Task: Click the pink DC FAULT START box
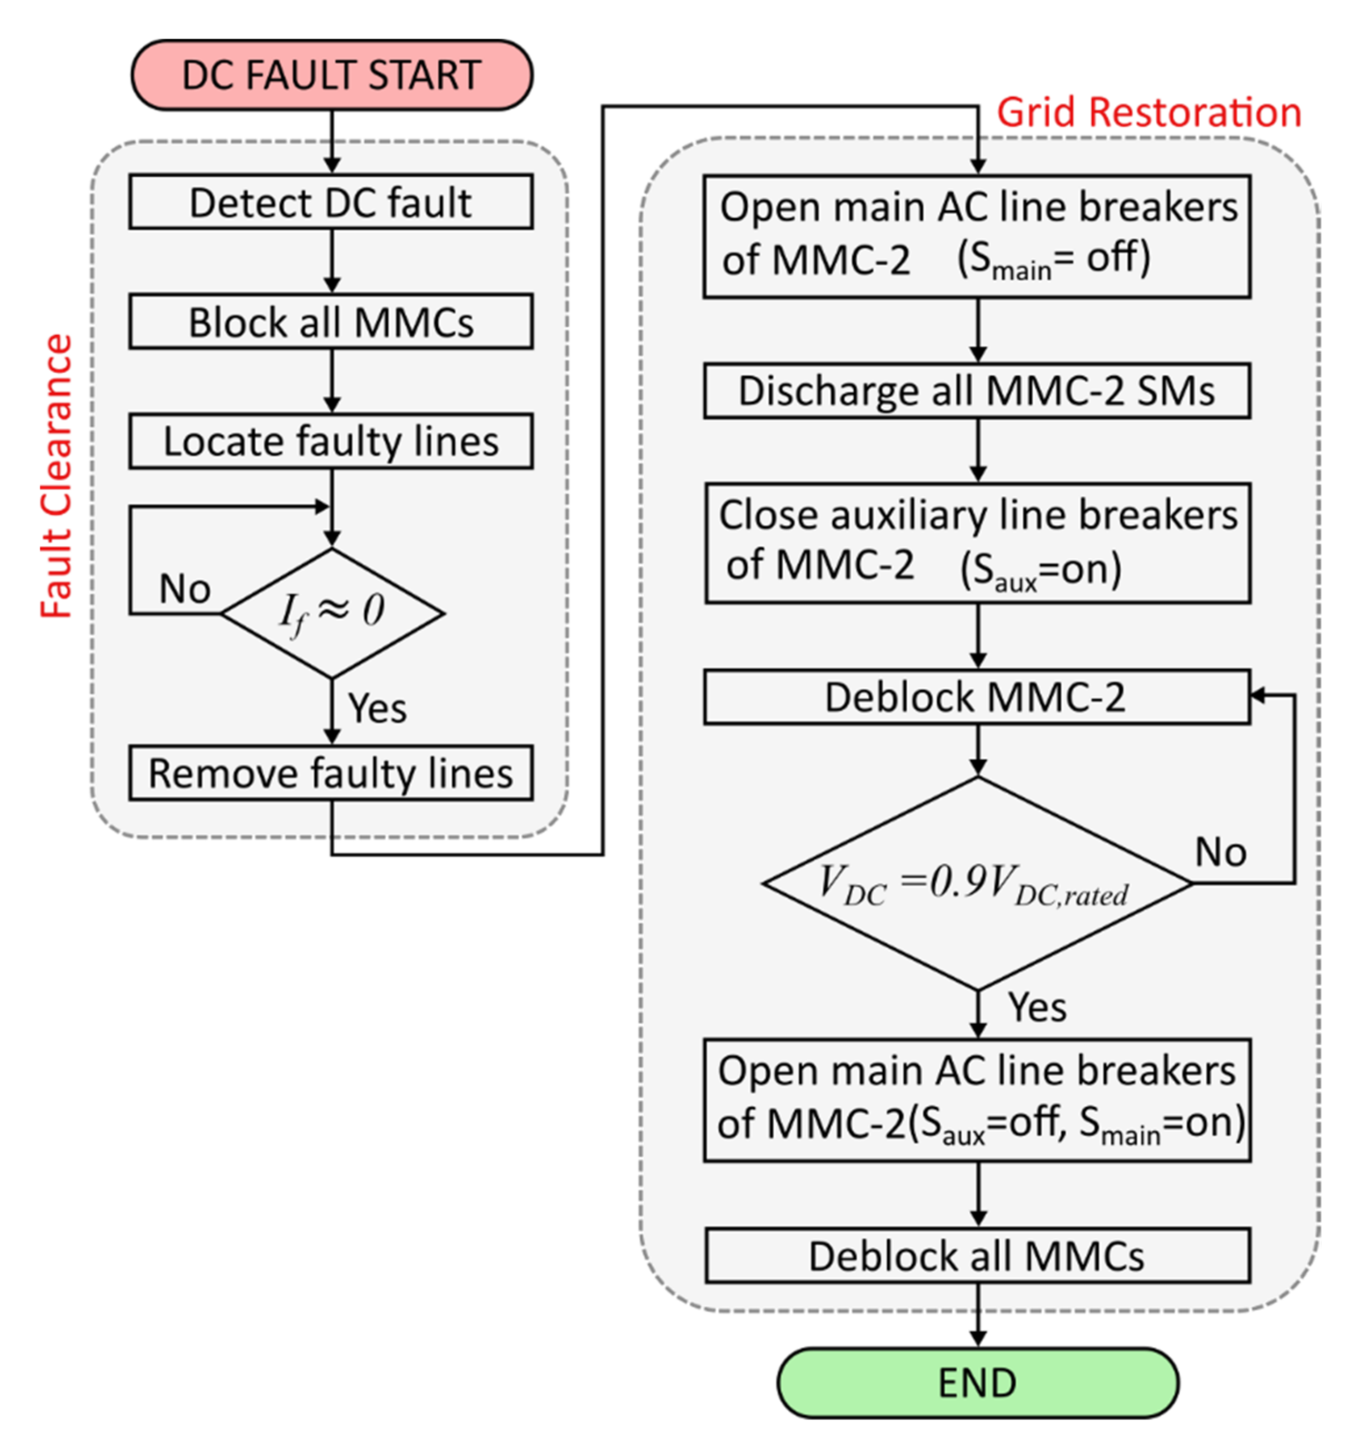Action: [x=332, y=75]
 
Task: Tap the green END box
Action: [x=978, y=1383]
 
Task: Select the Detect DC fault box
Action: [x=331, y=202]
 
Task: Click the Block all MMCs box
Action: [x=331, y=321]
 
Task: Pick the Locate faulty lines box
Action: [x=331, y=441]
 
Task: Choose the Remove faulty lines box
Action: [x=331, y=773]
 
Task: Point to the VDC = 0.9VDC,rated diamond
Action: [x=978, y=883]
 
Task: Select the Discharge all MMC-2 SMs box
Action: [x=977, y=391]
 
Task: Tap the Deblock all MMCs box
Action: [x=978, y=1256]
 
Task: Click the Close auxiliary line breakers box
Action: [x=978, y=543]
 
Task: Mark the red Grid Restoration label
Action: [x=1148, y=113]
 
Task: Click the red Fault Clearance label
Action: [x=57, y=476]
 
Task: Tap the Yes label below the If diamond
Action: [x=377, y=708]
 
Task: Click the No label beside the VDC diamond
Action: [x=1221, y=852]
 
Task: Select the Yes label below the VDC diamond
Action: [x=1037, y=1007]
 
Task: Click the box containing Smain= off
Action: [x=977, y=236]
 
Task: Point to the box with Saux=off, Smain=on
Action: [x=977, y=1100]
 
